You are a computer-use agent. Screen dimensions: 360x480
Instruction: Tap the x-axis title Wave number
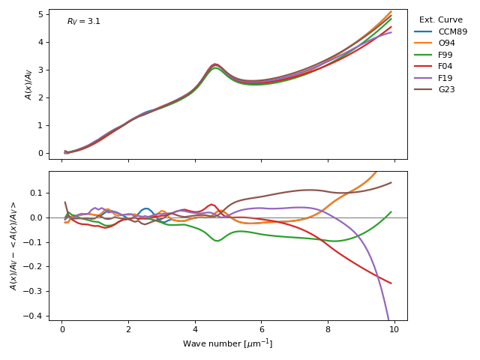click(x=227, y=343)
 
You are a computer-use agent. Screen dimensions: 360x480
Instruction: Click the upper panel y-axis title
click(x=29, y=84)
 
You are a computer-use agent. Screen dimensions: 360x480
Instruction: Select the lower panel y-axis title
click(x=13, y=246)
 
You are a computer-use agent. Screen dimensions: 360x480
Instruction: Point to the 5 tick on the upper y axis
click(x=39, y=14)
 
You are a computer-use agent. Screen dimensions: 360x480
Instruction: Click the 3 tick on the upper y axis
click(x=39, y=70)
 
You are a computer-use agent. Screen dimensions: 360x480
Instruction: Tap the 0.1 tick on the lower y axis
click(x=36, y=193)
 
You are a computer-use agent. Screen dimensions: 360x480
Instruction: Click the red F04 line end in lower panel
click(x=391, y=283)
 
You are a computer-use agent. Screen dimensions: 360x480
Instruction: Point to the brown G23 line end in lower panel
click(x=391, y=182)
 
